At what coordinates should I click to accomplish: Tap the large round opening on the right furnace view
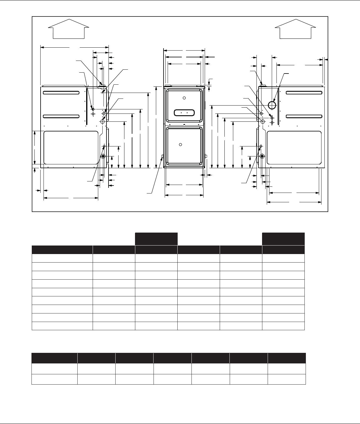coord(272,105)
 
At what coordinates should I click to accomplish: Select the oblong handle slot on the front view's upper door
coord(184,112)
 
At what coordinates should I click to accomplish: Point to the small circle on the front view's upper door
coord(184,98)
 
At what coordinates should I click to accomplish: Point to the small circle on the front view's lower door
coord(181,144)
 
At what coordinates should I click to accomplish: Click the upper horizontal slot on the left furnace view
coord(61,93)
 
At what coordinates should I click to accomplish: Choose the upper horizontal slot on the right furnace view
coord(304,93)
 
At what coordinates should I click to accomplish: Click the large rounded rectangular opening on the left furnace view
coord(71,147)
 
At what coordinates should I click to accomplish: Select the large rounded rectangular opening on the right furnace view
coord(294,147)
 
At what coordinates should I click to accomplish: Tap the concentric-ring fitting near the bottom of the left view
coord(103,156)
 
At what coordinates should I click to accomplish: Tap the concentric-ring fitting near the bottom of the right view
coord(262,156)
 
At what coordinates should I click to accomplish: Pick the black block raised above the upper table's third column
coord(156,238)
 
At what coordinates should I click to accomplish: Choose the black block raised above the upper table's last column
coord(283,238)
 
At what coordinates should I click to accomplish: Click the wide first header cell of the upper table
coord(62,250)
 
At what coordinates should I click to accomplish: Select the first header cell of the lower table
coord(54,358)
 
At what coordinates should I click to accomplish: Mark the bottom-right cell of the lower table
coord(286,379)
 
